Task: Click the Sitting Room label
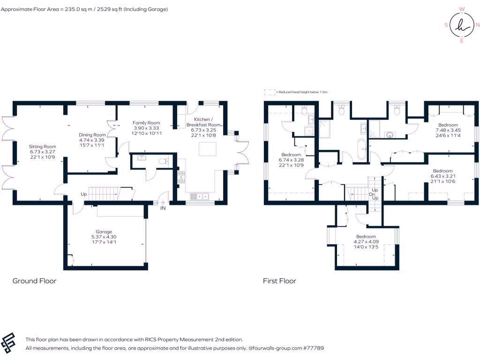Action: [42, 147]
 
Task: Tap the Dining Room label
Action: [92, 135]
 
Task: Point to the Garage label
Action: [104, 232]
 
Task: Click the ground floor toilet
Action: [162, 162]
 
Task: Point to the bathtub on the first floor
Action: [361, 149]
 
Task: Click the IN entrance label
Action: [163, 208]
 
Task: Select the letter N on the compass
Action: [477, 25]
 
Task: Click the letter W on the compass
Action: [462, 9]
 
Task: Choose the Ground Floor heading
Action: [34, 281]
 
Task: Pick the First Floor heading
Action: [279, 281]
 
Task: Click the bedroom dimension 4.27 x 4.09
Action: [366, 242]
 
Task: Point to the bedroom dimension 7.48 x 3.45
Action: [448, 130]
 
